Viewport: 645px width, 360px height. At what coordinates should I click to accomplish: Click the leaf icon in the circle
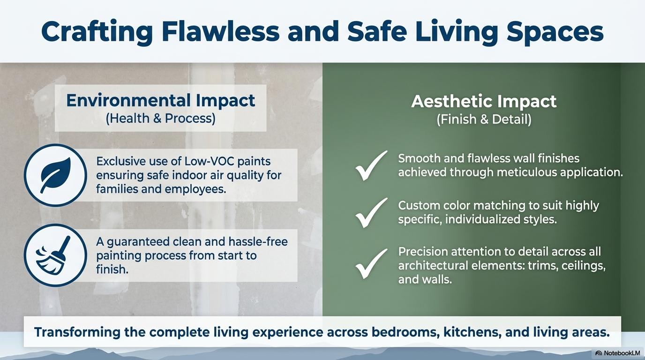tap(56, 175)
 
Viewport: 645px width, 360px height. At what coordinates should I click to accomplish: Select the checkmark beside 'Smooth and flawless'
tap(371, 165)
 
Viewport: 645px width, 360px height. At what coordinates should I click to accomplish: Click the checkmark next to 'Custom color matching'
tap(371, 212)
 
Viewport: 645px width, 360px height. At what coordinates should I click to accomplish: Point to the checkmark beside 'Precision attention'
tap(371, 263)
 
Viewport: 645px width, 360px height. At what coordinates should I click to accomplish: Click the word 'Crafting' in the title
tap(97, 32)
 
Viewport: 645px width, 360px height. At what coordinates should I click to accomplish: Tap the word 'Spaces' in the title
tap(555, 32)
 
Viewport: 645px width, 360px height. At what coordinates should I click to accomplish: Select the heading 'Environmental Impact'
tap(160, 100)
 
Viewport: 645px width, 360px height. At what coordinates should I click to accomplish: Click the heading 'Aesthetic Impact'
tap(484, 101)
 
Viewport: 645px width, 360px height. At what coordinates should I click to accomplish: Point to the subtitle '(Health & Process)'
tap(161, 119)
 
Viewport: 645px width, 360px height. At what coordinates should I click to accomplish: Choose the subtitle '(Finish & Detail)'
tap(484, 119)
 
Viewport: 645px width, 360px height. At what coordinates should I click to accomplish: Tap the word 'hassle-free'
tap(258, 241)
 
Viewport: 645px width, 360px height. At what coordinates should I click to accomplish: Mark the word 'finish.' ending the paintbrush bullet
tap(112, 269)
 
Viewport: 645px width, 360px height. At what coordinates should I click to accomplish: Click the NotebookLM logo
tap(617, 353)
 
